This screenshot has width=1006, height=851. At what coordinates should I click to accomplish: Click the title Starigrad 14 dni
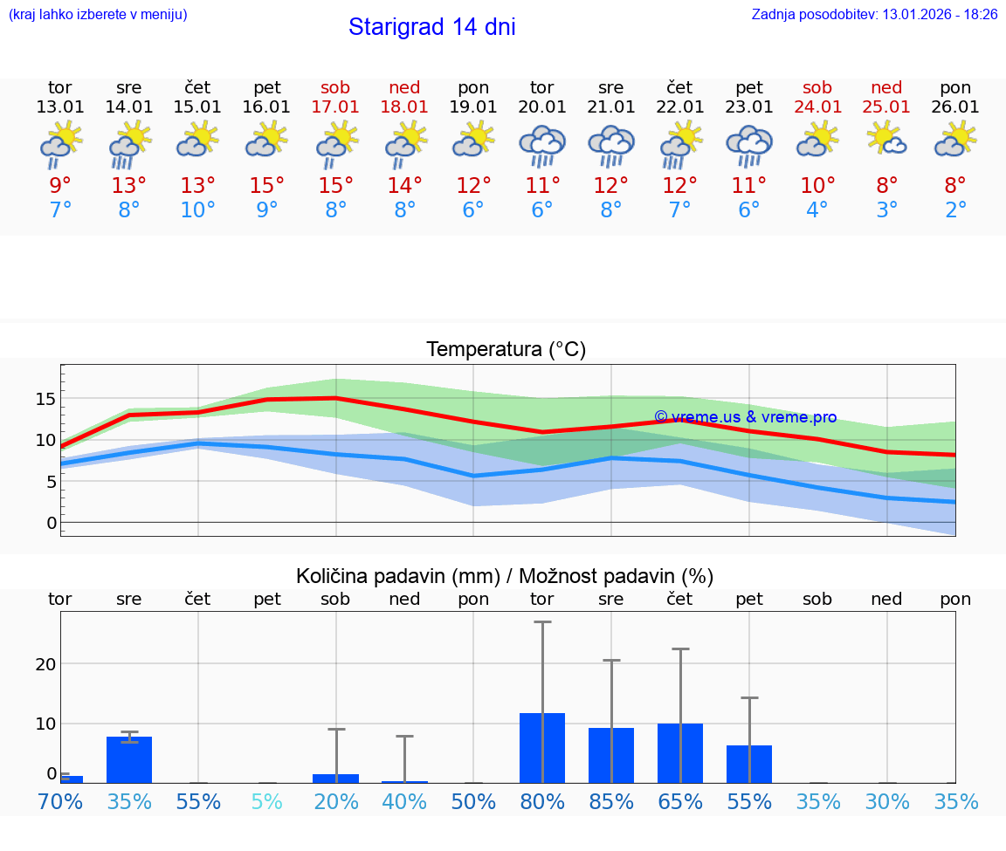[x=431, y=27]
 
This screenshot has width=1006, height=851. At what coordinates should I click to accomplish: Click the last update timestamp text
[x=874, y=15]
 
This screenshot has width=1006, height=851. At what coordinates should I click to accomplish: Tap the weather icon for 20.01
[x=542, y=145]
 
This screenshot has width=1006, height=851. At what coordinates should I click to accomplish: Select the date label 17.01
[x=335, y=107]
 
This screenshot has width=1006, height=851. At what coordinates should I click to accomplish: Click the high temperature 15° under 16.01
[x=266, y=185]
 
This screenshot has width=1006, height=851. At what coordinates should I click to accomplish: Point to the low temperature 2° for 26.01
[x=955, y=210]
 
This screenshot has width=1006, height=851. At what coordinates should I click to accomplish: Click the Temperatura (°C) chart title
[x=506, y=350]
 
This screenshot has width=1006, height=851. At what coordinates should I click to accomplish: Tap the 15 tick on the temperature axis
[x=45, y=399]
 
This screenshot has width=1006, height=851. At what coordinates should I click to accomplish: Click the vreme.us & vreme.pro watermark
[x=745, y=417]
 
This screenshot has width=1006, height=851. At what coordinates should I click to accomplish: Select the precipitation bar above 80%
[x=542, y=748]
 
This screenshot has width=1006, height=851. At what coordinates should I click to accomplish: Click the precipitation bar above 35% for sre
[x=129, y=759]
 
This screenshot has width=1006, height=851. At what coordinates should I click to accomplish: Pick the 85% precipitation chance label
[x=611, y=801]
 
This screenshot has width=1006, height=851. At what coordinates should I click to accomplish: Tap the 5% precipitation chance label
[x=266, y=801]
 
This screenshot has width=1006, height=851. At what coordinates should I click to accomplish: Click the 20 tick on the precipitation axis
[x=45, y=664]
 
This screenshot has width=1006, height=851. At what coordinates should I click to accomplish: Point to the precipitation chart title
[x=505, y=576]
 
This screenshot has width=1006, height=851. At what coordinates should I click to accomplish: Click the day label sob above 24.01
[x=817, y=87]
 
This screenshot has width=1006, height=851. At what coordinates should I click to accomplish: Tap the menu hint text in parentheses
[x=98, y=15]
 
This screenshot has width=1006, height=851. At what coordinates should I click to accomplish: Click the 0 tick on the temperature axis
[x=51, y=523]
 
